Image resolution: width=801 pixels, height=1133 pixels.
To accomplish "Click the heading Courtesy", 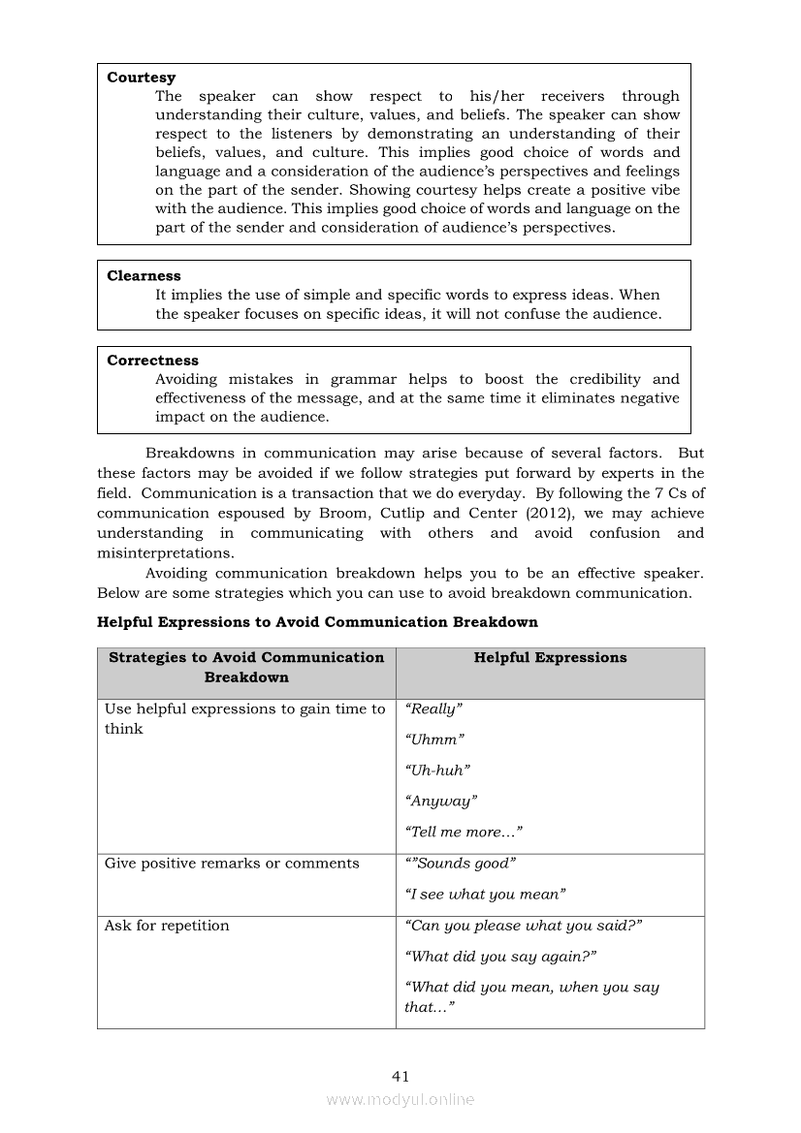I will (x=142, y=78).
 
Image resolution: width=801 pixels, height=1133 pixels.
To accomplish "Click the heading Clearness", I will (x=144, y=276).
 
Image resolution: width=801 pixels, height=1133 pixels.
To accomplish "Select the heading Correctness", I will (x=152, y=361).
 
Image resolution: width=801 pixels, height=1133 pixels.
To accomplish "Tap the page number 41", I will (x=400, y=1076).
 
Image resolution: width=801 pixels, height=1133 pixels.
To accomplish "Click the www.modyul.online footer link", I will (x=400, y=1100).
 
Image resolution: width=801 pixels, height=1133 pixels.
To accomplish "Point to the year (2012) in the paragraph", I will (x=553, y=514).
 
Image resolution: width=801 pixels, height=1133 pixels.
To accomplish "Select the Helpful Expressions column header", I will (x=550, y=658).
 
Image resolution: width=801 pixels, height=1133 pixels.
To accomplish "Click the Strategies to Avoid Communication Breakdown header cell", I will (x=246, y=668).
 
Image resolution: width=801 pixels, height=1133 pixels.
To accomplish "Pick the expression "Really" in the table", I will (x=433, y=709).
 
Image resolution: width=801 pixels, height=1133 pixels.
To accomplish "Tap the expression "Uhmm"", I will (x=434, y=740).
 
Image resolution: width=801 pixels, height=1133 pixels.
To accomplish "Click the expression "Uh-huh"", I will (x=437, y=771).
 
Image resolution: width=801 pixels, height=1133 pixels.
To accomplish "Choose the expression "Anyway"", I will (x=441, y=802).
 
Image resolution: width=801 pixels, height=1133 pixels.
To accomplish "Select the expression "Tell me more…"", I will (x=464, y=833).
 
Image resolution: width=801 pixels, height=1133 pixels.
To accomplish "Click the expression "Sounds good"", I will (x=461, y=864).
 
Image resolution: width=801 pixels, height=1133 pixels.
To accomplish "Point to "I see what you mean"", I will (x=485, y=895).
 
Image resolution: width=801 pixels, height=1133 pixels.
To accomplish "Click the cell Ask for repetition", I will (x=167, y=926).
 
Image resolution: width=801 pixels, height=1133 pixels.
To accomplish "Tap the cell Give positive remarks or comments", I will (x=232, y=864).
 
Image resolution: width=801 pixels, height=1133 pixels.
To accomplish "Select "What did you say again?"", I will (x=500, y=957).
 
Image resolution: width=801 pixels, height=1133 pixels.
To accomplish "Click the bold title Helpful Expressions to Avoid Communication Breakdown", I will (x=317, y=622).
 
